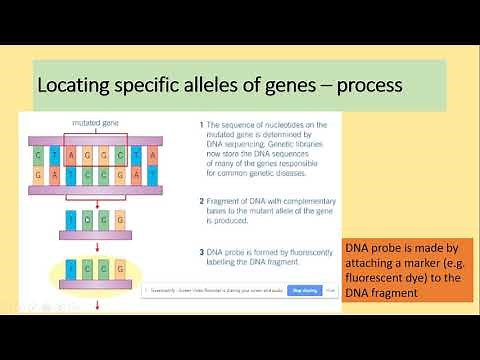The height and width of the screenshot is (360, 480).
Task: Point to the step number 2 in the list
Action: tap(191, 200)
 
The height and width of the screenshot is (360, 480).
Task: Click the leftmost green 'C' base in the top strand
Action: tap(39, 156)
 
